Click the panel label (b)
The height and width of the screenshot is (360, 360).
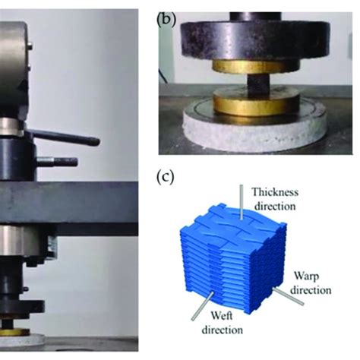coord(166,21)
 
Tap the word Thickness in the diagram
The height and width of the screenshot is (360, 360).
coord(275,192)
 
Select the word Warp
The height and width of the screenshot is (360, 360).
coord(306,276)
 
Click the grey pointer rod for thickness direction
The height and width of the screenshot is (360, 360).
coord(242,202)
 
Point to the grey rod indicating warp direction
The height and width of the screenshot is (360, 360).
coord(288,296)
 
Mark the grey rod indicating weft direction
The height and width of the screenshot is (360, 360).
coord(203,306)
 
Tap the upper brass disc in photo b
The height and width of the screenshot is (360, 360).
coord(256,66)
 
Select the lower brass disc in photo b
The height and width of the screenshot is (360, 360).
coord(256,104)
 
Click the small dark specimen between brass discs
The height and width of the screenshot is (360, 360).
coord(258,86)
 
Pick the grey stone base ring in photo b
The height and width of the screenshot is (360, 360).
coord(254,131)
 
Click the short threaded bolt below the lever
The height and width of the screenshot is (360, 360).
coord(57,162)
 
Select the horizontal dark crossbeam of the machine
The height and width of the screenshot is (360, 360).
coord(69,203)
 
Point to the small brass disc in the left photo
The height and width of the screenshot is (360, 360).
coord(14,332)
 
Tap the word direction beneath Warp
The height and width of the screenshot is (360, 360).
coord(311,290)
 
